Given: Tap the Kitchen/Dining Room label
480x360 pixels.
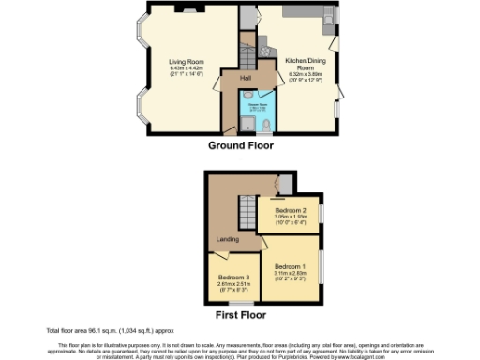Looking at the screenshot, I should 300,62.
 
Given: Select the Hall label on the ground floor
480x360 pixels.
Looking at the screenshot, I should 245,77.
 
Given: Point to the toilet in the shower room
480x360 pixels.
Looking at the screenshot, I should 266,122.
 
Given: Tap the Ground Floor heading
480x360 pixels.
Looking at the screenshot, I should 239,145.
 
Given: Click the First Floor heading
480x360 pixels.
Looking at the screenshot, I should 239,317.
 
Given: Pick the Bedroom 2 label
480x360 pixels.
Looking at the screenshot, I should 291,210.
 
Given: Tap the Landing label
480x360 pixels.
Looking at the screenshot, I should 228,240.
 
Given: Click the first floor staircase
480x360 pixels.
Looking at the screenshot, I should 245,210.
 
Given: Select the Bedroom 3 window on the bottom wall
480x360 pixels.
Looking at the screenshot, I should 233,301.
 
